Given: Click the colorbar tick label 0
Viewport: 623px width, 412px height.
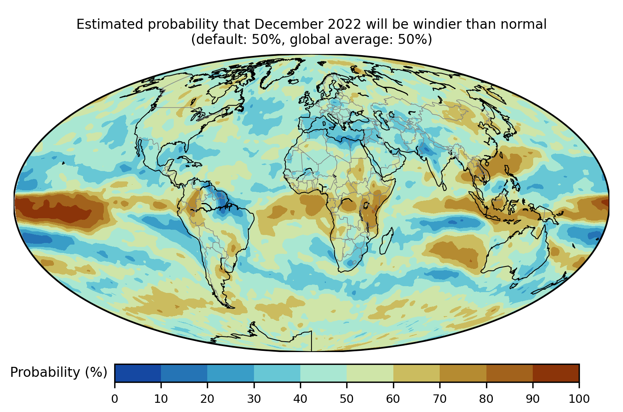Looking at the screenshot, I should [x=115, y=398].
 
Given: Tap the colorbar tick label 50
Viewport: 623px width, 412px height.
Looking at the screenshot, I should [x=347, y=398].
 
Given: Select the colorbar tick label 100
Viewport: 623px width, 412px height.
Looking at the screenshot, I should [x=579, y=398].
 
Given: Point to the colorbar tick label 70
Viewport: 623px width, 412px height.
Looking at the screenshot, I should [x=440, y=398].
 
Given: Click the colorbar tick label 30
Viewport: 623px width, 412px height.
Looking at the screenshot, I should [x=254, y=398].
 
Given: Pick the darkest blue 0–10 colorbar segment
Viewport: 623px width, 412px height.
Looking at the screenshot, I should [x=138, y=373].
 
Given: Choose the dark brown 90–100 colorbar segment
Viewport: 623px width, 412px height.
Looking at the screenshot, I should [x=556, y=373].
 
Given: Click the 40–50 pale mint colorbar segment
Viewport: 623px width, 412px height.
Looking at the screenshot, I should [x=323, y=373].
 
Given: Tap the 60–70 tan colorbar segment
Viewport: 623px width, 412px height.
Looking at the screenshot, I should [x=417, y=373].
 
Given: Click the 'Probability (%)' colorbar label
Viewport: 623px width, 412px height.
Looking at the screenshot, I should [x=59, y=372].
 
